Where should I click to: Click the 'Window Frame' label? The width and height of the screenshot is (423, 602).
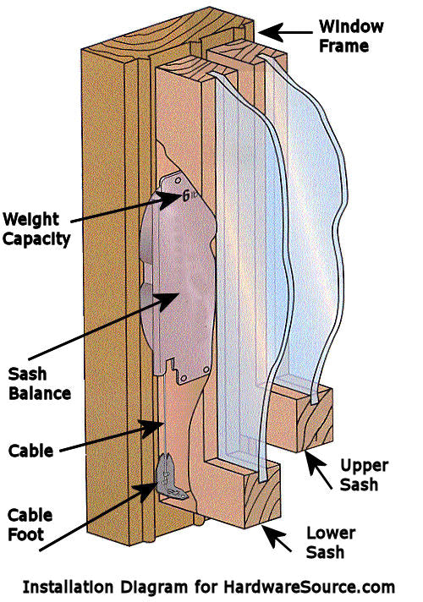[351, 36]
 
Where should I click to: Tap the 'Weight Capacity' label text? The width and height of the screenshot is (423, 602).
[36, 229]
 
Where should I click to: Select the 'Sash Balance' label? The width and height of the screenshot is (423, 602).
[40, 384]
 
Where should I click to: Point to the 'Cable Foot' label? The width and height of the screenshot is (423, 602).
[30, 524]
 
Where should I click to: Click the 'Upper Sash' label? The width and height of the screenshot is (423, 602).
[365, 474]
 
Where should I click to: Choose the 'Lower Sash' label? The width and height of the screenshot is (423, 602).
[331, 542]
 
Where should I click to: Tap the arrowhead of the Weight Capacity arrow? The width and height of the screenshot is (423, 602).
[169, 199]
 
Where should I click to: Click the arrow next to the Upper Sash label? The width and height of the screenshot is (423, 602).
[318, 471]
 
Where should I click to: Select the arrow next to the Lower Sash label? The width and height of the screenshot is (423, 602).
[277, 538]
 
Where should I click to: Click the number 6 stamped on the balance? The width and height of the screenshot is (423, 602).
[186, 196]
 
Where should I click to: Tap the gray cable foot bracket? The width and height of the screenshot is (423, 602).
[169, 478]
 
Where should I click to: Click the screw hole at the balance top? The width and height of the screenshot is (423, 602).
[178, 180]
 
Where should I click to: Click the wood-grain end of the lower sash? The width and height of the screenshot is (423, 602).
[262, 495]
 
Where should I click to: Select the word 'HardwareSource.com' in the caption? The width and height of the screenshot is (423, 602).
[310, 587]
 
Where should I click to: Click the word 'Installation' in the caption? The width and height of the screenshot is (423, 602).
[68, 587]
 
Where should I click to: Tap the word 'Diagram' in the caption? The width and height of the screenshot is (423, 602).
[154, 588]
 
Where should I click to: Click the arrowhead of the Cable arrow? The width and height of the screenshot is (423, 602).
[153, 428]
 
